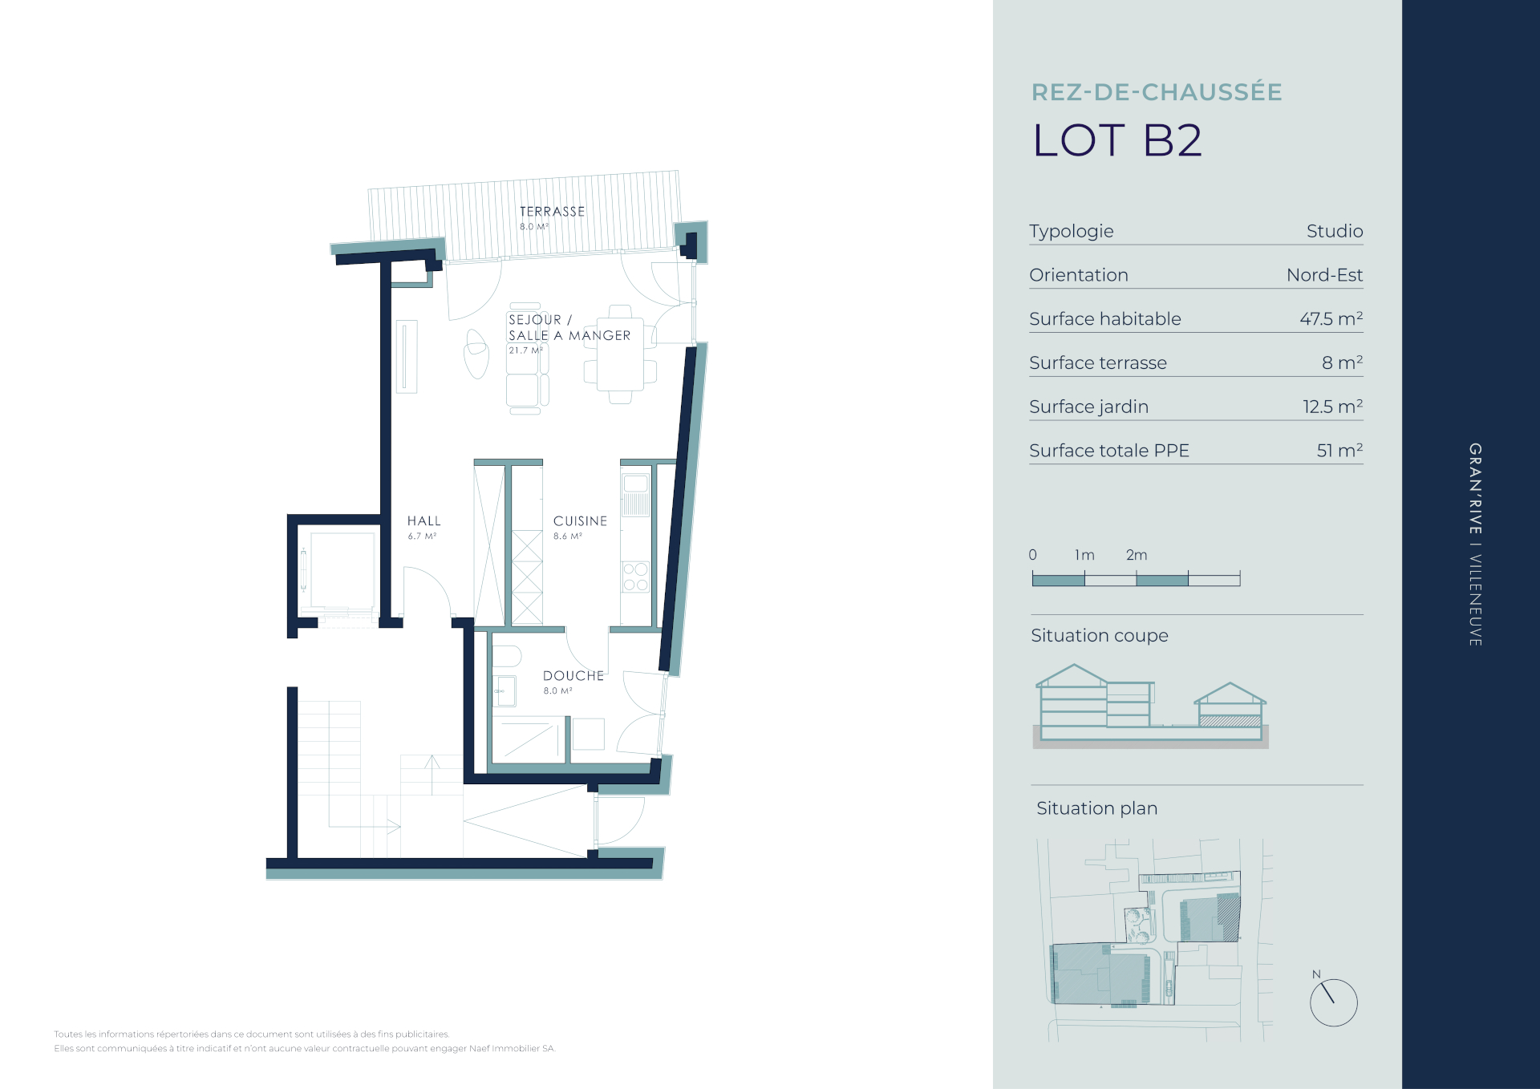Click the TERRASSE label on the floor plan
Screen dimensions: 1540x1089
click(552, 212)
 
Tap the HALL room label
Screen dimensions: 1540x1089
click(423, 521)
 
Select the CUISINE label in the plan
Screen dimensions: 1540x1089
click(580, 521)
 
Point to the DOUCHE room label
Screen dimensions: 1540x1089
click(573, 676)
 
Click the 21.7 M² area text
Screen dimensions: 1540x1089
click(525, 350)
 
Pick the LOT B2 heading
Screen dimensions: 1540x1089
click(1117, 141)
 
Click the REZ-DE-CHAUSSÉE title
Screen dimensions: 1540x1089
click(1157, 92)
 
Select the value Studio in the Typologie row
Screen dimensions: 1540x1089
click(1335, 231)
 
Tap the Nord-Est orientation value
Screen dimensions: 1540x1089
click(1324, 275)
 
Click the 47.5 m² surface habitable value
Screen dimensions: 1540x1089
click(1331, 318)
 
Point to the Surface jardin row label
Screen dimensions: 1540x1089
click(1088, 407)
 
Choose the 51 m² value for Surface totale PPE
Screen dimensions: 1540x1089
click(1339, 450)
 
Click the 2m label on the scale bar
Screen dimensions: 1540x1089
click(1137, 555)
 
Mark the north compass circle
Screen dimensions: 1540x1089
click(1333, 1002)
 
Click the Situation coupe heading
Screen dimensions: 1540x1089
click(1100, 636)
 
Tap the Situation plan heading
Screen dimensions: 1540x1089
click(1096, 808)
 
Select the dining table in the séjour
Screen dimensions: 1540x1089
click(620, 354)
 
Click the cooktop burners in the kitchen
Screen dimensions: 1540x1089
click(635, 577)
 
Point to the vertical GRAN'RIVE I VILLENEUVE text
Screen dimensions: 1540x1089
click(1475, 544)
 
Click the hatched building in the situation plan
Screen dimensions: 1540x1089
click(1228, 917)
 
